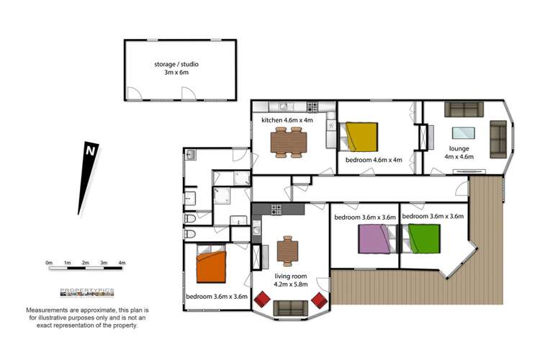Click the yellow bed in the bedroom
(359, 137)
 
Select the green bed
(421, 239)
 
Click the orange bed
(211, 264)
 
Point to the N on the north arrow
(91, 151)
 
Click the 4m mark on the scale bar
(122, 263)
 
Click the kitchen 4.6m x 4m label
(287, 120)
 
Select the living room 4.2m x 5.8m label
(291, 280)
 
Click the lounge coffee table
(463, 133)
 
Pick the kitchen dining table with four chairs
(289, 143)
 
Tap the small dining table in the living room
(287, 251)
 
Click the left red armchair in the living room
(262, 300)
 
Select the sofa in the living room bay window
(291, 308)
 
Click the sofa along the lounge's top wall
(464, 109)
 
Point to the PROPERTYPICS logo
(87, 292)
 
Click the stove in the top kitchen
(312, 107)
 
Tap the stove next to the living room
(276, 210)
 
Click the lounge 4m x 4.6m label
(459, 153)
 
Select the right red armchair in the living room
(319, 300)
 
